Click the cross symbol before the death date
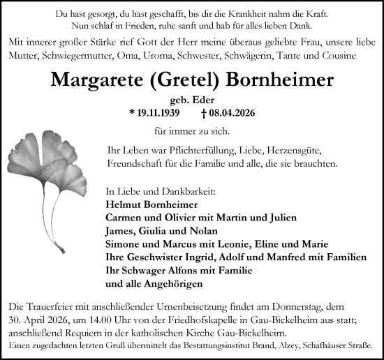pos(203,112)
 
